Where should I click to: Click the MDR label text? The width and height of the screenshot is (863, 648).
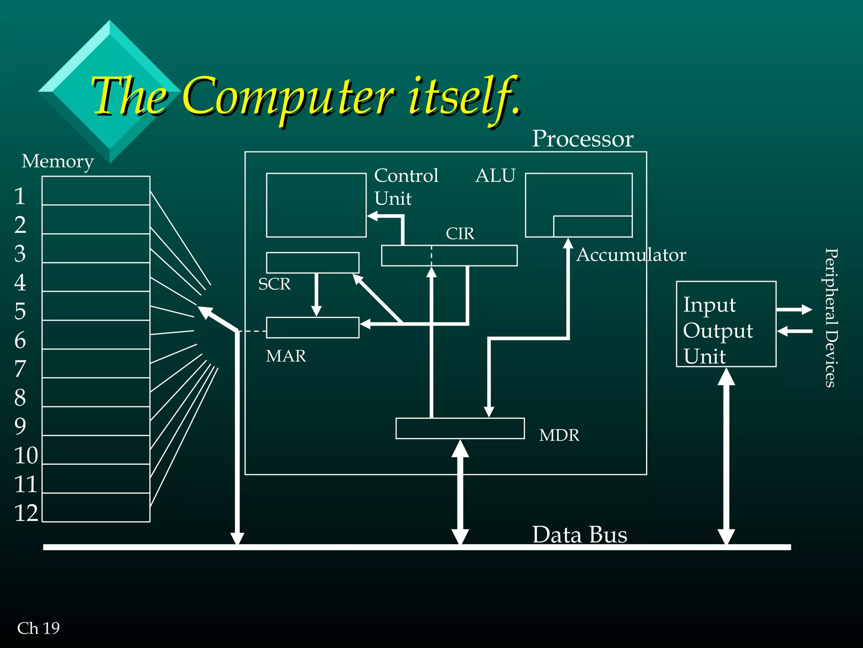[x=559, y=435]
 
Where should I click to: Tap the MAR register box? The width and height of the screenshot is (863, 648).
[x=313, y=328]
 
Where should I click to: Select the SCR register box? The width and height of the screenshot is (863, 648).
[x=313, y=263]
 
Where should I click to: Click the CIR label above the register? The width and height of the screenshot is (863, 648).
[x=460, y=234]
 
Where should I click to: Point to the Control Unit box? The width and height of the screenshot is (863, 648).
[x=316, y=205]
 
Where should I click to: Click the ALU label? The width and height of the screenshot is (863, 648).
[x=495, y=176]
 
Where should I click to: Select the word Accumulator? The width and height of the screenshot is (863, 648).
[x=631, y=255]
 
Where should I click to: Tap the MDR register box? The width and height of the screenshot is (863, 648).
[x=460, y=429]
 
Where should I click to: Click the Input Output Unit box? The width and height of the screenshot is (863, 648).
[x=726, y=324]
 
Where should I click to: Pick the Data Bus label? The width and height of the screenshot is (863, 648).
[x=579, y=535]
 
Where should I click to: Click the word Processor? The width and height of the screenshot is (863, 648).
[x=582, y=139]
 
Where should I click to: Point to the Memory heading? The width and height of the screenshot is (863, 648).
[x=58, y=162]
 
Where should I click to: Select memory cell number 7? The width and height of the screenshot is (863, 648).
[x=96, y=364]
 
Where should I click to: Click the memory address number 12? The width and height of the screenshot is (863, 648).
[x=26, y=513]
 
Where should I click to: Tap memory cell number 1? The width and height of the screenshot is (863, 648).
[x=96, y=191]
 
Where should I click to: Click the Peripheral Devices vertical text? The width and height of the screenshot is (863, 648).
[x=830, y=317]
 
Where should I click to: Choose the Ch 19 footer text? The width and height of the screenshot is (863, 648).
[x=38, y=629]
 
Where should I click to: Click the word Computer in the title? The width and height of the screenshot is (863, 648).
[x=289, y=97]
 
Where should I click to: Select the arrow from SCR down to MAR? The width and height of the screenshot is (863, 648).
[x=316, y=295]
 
